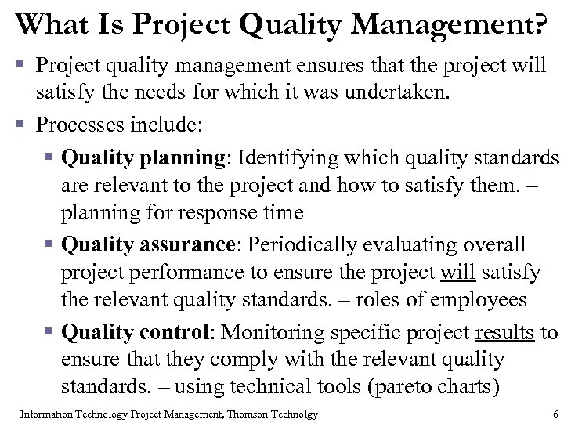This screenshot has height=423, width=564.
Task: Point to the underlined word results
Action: point(505,332)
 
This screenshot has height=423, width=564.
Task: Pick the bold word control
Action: point(172,332)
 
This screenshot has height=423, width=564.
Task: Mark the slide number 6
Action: point(555,414)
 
